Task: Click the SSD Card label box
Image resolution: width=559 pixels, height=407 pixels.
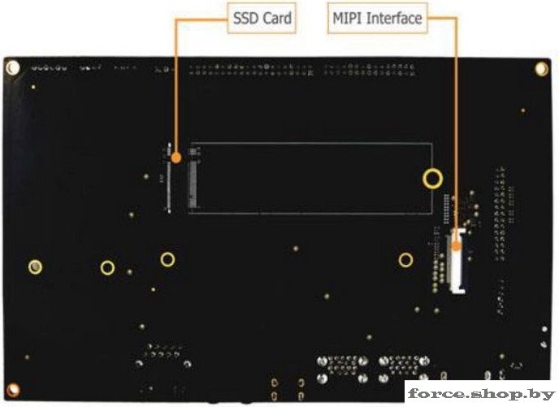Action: tap(262, 19)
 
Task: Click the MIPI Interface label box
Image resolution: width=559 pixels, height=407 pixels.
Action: tap(377, 19)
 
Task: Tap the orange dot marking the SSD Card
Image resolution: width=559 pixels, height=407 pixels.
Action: tap(175, 157)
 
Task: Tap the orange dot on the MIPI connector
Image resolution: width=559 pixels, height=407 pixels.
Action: tap(456, 246)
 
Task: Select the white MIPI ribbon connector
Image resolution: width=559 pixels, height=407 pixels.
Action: tap(456, 262)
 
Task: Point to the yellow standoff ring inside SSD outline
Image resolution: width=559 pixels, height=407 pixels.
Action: tap(432, 178)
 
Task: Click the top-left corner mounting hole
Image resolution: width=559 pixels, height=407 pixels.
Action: tap(13, 67)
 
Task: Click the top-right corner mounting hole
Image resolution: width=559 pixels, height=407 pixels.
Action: tap(541, 69)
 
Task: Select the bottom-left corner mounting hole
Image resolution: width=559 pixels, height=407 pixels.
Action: tap(13, 390)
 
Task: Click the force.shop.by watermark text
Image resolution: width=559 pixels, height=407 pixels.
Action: tap(481, 394)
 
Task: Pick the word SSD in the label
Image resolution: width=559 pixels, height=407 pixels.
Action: tap(245, 19)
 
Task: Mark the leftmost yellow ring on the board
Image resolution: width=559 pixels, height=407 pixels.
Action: tap(35, 267)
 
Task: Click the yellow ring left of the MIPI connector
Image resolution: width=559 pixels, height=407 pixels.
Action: tap(405, 260)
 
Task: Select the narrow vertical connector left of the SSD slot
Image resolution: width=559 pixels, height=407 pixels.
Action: tap(169, 178)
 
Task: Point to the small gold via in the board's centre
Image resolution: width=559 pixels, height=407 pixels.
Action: tap(296, 249)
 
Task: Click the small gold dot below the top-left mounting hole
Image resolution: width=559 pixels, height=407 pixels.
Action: tap(33, 87)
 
